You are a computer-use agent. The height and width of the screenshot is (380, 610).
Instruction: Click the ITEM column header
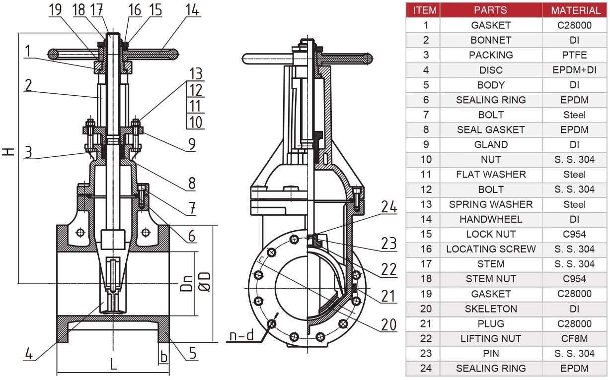425,10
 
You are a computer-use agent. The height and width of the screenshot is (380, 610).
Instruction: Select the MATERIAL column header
575,10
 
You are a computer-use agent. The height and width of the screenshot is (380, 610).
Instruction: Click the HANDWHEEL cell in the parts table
490,219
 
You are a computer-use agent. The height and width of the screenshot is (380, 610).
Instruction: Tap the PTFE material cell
575,55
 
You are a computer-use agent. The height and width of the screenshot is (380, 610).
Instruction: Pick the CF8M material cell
575,339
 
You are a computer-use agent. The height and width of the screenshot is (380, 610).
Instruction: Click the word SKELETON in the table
490,309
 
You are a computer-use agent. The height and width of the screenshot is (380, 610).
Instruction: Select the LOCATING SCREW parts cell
490,249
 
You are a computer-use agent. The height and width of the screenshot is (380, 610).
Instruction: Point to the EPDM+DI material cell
575,70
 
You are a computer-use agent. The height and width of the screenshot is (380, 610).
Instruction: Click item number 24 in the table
425,369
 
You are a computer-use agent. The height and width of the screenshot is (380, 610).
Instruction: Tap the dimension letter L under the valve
113,364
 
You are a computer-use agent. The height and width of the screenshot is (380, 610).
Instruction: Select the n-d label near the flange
241,336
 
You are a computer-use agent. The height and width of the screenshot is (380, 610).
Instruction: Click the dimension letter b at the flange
163,356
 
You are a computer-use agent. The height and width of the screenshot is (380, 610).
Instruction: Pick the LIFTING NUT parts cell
490,339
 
